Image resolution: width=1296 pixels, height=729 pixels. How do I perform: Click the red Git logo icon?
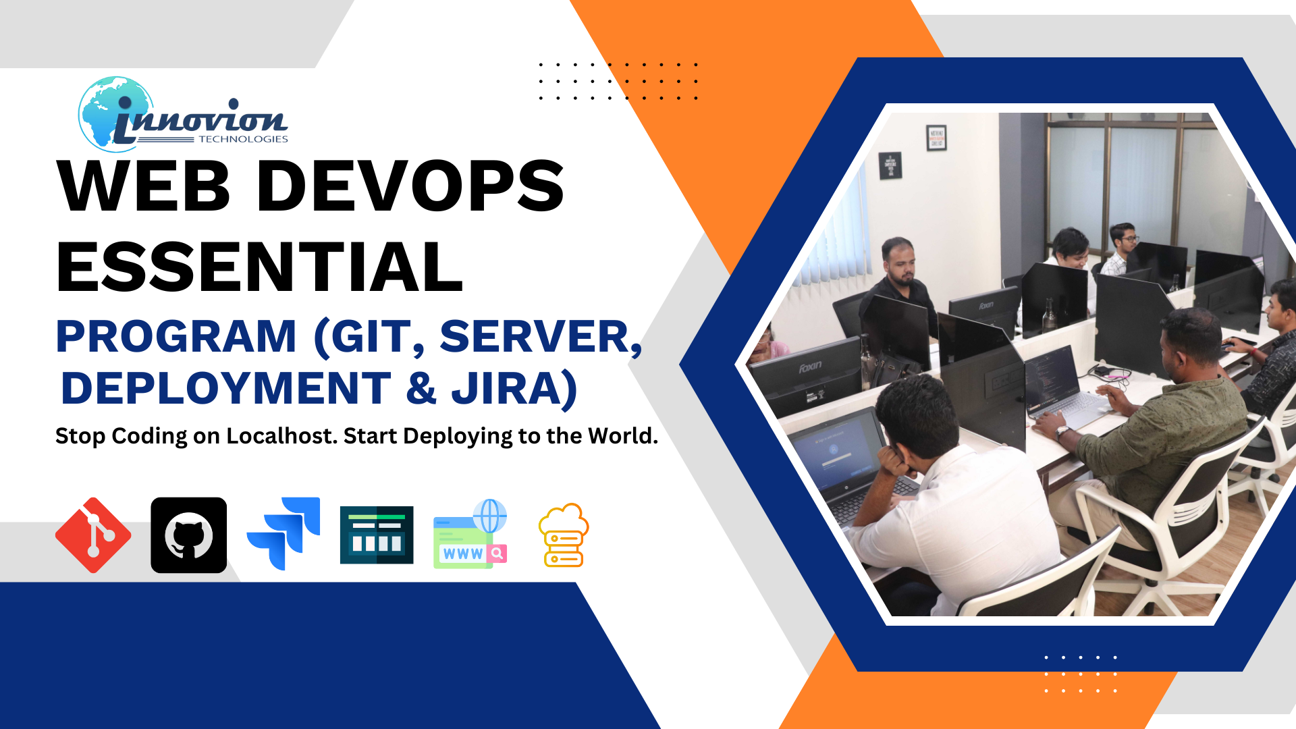point(93,535)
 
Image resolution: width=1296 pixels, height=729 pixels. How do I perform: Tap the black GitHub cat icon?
point(189,535)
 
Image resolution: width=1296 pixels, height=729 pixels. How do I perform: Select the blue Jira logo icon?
point(283,533)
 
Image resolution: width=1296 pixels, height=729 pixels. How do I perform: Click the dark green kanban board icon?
point(377,535)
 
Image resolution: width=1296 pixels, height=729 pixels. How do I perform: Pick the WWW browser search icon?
point(470,534)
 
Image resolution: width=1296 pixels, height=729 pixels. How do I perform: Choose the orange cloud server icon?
point(564,535)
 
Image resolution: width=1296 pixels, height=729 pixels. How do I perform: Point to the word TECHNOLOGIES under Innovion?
point(243,139)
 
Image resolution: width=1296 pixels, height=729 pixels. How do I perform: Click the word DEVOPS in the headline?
point(410,186)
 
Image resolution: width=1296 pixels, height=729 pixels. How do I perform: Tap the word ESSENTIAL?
point(260,267)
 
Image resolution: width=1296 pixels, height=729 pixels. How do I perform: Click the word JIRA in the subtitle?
point(515,389)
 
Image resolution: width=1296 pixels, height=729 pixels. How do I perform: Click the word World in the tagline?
point(622,436)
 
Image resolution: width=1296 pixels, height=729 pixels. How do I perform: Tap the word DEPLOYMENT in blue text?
point(226,389)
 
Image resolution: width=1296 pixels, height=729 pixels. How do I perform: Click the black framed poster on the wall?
point(936,138)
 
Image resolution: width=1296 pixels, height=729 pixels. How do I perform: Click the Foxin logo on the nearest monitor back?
point(810,367)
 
